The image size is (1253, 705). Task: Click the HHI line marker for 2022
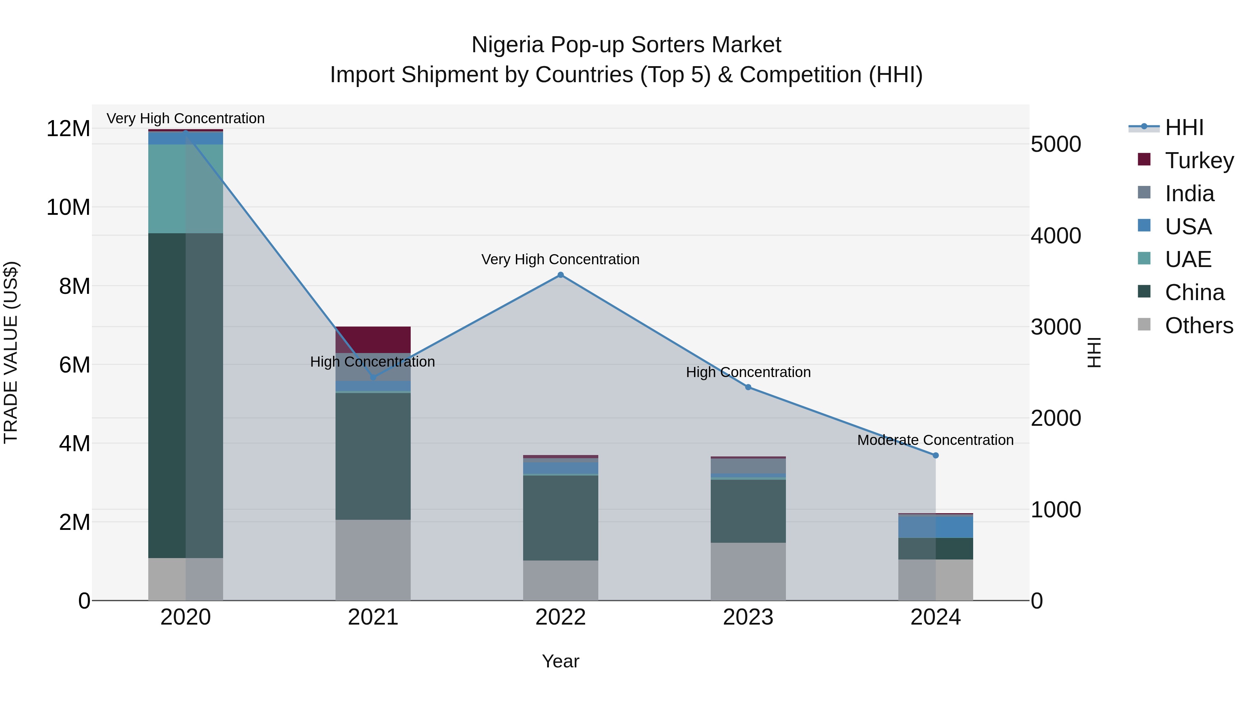[x=560, y=275]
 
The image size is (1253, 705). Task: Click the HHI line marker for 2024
[x=935, y=455]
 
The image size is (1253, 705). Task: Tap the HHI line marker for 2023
[x=748, y=387]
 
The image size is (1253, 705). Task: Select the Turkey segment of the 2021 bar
[x=373, y=339]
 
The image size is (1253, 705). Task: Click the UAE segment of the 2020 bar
[x=185, y=189]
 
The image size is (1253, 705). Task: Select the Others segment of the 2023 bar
[x=748, y=571]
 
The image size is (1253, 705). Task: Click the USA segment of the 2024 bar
[x=935, y=526]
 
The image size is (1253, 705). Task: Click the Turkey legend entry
[x=1199, y=160]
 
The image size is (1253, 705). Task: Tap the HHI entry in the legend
[x=1184, y=127]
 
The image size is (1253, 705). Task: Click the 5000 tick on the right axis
[x=1056, y=144]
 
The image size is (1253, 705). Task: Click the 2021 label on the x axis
[x=373, y=617]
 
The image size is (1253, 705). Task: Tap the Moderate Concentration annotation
[x=935, y=440]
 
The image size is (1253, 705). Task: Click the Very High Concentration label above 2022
[x=560, y=259]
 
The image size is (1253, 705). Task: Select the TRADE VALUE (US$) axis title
[x=11, y=352]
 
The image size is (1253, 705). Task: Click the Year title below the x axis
[x=560, y=661]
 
